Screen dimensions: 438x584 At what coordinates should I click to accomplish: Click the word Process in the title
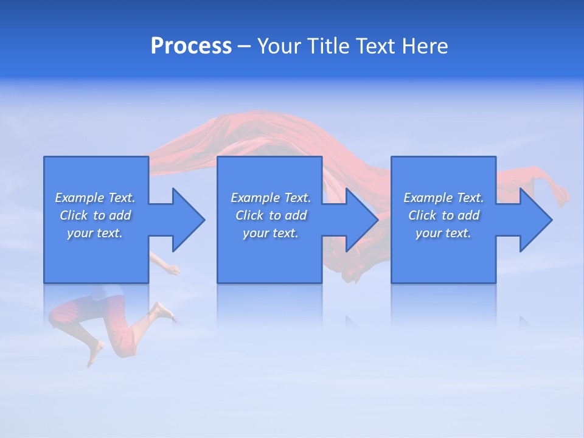pos(191,46)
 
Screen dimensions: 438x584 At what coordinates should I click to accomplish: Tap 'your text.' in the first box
pos(95,233)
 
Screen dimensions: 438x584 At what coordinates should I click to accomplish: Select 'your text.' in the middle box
pos(271,233)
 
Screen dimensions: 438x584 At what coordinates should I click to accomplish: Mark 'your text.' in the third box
pos(443,233)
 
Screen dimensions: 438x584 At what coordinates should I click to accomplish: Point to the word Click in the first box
pos(74,215)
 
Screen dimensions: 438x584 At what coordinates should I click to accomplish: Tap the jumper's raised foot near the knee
pos(162,310)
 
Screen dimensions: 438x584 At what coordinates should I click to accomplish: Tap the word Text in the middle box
pos(297,198)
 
